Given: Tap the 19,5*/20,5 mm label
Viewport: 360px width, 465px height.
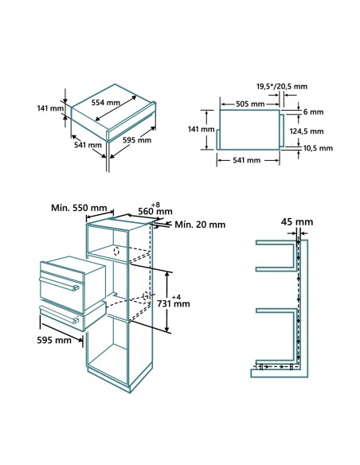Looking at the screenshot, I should click(x=282, y=86).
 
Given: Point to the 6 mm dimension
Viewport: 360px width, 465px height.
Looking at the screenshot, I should click(x=313, y=112).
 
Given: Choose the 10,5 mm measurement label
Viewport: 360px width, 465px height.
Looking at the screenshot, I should click(x=311, y=147).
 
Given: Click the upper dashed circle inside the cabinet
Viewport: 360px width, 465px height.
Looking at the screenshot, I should click(x=116, y=251).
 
